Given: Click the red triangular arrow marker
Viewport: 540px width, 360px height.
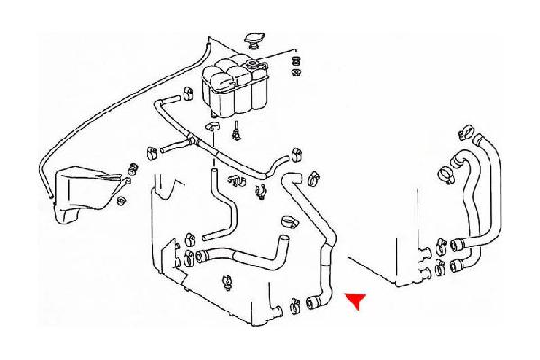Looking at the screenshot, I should [357, 301].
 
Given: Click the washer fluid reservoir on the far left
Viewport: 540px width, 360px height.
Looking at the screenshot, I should [82, 193].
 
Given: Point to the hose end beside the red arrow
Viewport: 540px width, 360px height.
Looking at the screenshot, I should [315, 302].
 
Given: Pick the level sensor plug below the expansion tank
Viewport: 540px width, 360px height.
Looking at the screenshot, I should [236, 134].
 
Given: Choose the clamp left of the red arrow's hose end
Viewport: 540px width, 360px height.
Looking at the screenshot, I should [295, 304].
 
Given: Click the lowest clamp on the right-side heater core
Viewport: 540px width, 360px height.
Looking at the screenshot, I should [438, 267].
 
